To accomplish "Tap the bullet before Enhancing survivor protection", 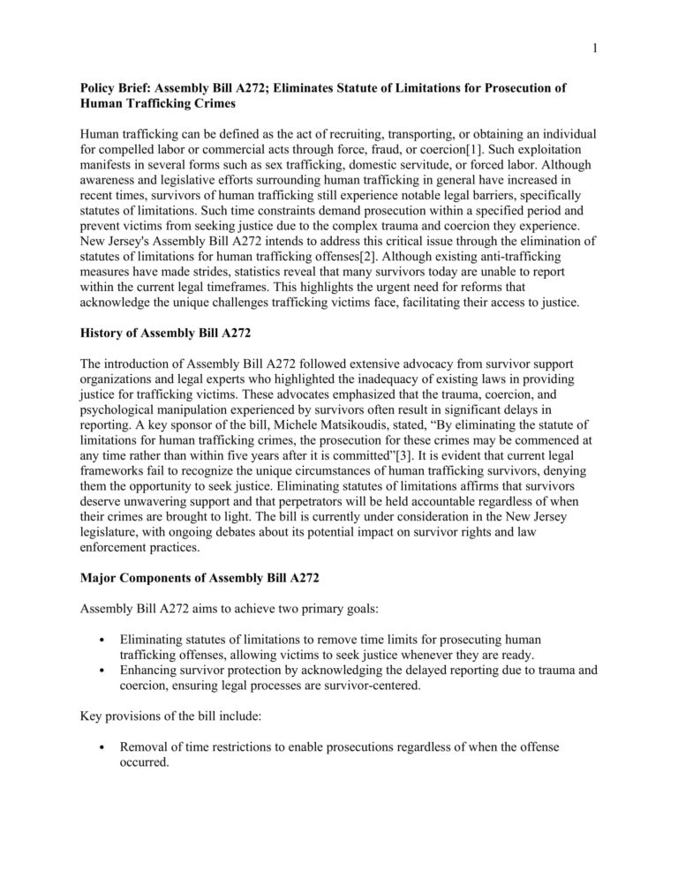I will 104,669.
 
